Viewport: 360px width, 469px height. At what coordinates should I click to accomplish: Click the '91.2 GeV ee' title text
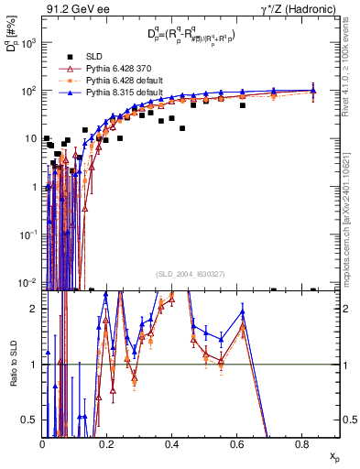[76, 8]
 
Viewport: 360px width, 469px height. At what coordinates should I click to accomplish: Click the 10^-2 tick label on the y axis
[28, 280]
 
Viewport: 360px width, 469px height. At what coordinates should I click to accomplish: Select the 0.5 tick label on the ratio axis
[31, 420]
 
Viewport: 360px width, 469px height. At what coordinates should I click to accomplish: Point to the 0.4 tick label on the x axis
[172, 444]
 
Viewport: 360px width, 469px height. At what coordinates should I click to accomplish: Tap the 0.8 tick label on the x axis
[301, 444]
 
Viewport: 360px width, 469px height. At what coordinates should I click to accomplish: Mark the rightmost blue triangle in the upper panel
[314, 90]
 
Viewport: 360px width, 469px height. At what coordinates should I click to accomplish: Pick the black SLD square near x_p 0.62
[243, 105]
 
